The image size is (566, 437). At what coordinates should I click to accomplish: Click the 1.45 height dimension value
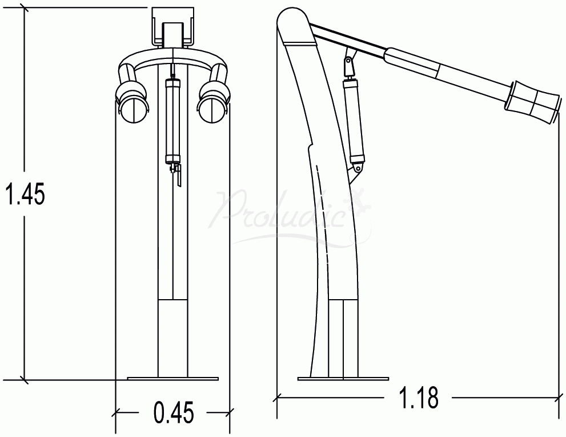[x=24, y=195]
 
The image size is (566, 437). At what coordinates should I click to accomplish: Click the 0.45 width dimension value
[x=173, y=412]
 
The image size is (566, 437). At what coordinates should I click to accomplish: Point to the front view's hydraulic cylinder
[x=172, y=120]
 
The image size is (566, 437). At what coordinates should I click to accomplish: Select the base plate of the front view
[x=172, y=378]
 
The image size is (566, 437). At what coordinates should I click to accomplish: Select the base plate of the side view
[x=343, y=378]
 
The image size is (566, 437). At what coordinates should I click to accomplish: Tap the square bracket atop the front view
[x=172, y=26]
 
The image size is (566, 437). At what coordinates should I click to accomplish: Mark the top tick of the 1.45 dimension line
[x=24, y=8]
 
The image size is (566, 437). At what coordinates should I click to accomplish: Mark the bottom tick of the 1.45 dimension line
[x=24, y=379]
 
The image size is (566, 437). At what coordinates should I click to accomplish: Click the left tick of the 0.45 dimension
[x=116, y=411]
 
